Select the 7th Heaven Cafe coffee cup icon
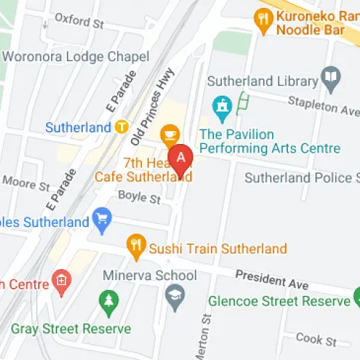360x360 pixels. point(170,134)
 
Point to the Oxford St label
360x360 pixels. point(79,22)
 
